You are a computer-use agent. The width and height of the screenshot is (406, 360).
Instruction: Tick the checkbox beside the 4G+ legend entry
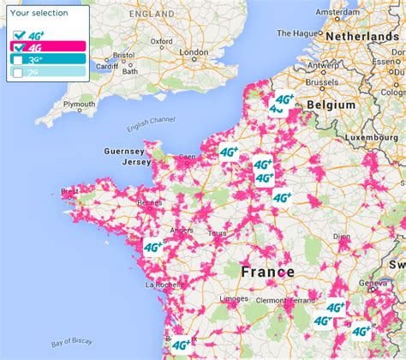(x=16, y=35)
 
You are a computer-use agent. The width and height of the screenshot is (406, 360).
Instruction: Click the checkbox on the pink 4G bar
(x=16, y=48)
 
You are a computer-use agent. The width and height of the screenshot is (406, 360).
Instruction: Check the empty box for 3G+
(x=16, y=60)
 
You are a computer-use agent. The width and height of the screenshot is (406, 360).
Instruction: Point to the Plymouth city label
(x=79, y=104)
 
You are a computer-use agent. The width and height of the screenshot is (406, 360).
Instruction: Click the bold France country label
(x=266, y=272)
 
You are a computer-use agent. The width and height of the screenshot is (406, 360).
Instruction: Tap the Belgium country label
(x=331, y=104)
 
